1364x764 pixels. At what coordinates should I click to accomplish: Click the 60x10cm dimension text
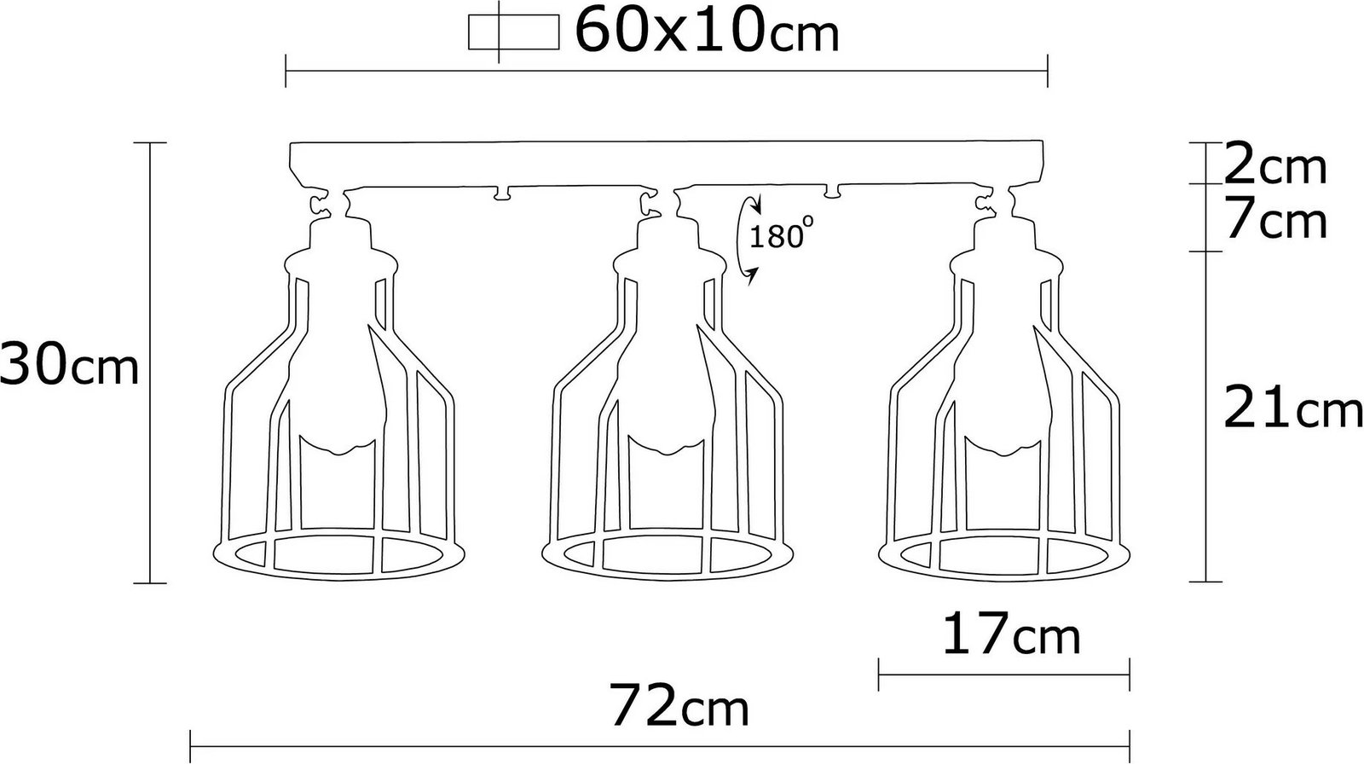pyautogui.click(x=707, y=31)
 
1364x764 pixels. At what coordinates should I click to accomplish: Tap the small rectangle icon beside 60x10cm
pyautogui.click(x=513, y=32)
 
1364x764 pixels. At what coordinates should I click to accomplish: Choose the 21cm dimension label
pyautogui.click(x=1292, y=407)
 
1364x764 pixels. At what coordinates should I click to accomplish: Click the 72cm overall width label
pyautogui.click(x=679, y=704)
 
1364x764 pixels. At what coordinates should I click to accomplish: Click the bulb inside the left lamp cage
pyautogui.click(x=338, y=396)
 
